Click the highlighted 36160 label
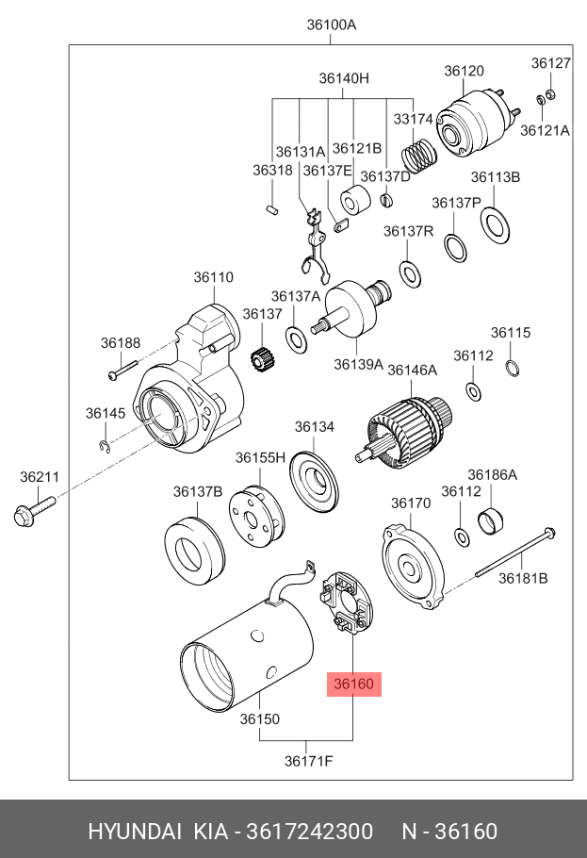pos(354,684)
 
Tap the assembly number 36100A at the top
pos(332,25)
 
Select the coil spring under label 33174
pos(419,154)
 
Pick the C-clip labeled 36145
pos(105,447)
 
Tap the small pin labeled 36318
pos(272,208)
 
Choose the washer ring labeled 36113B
pos(496,225)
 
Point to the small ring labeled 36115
pos(512,369)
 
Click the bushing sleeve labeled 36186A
pos(491,520)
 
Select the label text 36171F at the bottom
pos(308,761)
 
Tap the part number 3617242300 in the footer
pos(310,832)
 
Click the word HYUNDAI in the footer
pos(135,832)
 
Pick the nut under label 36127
pos(551,94)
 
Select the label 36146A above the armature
pos(413,371)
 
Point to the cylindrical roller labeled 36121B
pos(355,200)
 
